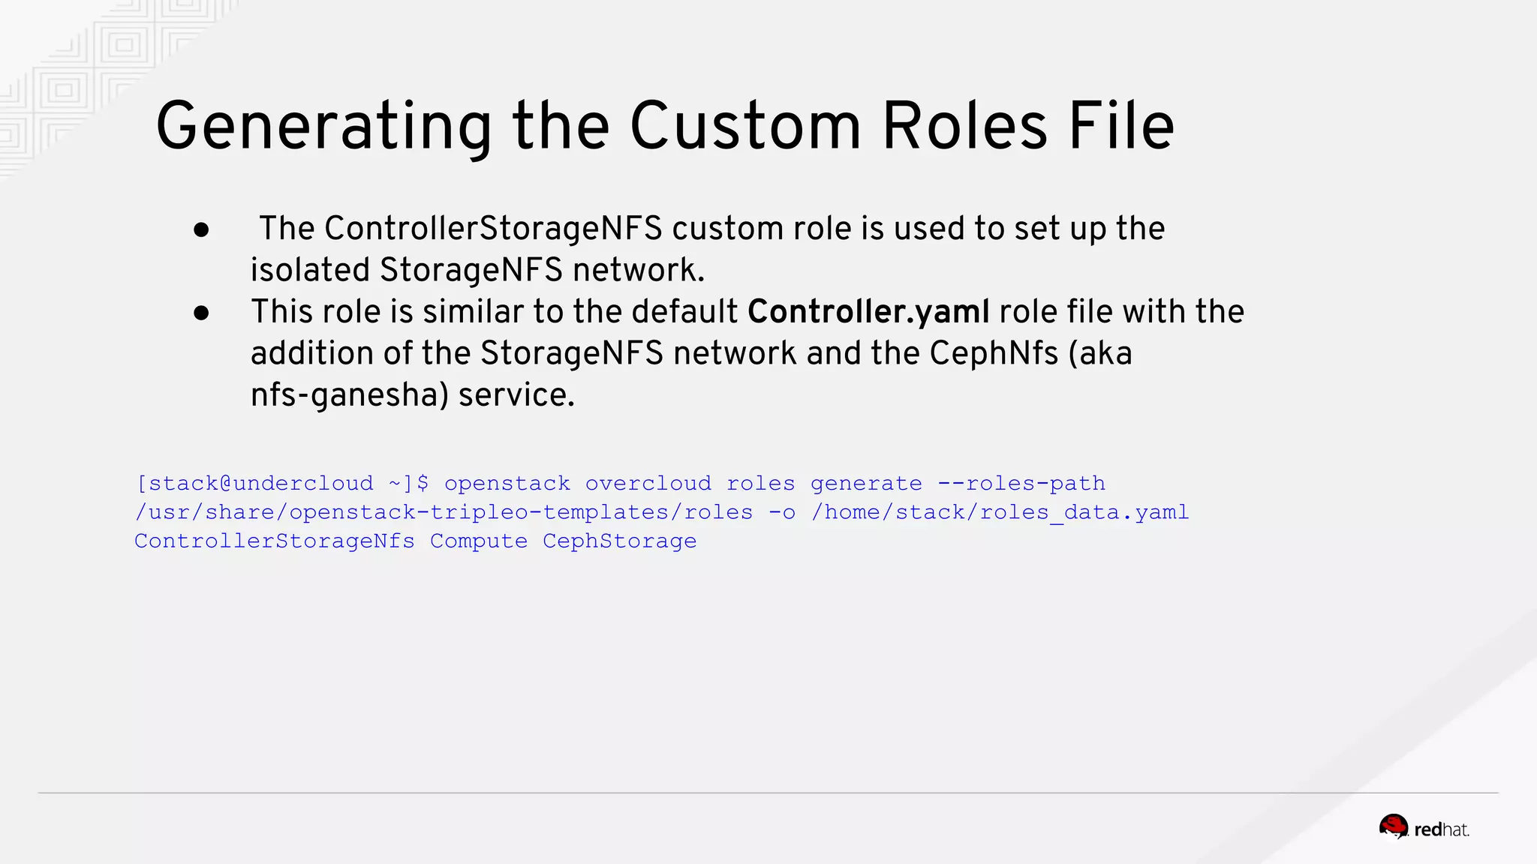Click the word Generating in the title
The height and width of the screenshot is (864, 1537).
click(x=323, y=127)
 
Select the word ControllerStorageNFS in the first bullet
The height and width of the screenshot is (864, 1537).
click(x=493, y=229)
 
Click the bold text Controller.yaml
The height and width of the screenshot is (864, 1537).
click(x=868, y=312)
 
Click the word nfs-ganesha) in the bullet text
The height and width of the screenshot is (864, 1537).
click(x=349, y=395)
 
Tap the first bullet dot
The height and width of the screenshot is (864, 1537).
click(x=201, y=230)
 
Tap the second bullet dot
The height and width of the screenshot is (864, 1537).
click(x=201, y=313)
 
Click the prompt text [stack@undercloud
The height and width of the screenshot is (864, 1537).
click(x=254, y=483)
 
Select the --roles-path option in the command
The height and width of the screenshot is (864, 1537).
click(x=1021, y=483)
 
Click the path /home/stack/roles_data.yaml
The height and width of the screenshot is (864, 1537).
click(x=1000, y=512)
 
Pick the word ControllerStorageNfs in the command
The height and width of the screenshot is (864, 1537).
click(x=275, y=541)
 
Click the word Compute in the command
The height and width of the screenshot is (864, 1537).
click(x=479, y=541)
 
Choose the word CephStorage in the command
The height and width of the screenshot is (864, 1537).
click(x=619, y=541)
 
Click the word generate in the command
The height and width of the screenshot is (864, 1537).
click(x=866, y=483)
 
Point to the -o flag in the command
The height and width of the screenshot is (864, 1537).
click(x=782, y=512)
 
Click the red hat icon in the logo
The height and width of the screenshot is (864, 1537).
click(x=1394, y=827)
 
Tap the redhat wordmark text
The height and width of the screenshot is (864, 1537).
click(x=1441, y=829)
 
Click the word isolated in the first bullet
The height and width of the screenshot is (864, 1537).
click(x=310, y=271)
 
